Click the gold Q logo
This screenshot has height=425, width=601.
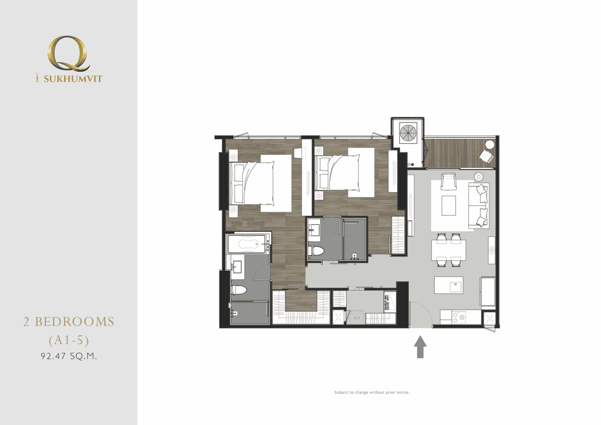tap(68, 54)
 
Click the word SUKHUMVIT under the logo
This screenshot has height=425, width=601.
tap(73, 79)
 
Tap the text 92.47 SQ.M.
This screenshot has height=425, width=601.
tap(69, 356)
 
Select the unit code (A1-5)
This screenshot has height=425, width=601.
tap(69, 340)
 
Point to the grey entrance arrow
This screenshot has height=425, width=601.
tap(420, 346)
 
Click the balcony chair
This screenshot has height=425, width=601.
tap(487, 156)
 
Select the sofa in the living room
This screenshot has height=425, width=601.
tap(479, 205)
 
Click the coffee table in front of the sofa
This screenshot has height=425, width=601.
tap(449, 205)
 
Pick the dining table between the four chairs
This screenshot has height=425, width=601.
tap(449, 250)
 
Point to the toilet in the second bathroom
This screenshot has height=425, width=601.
tap(316, 251)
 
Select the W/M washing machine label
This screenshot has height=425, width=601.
tap(356, 318)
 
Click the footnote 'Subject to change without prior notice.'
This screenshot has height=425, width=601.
tap(372, 392)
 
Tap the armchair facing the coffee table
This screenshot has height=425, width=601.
tap(448, 181)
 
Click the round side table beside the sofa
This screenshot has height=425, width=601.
tap(479, 177)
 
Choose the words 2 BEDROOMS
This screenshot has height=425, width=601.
tap(69, 322)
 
